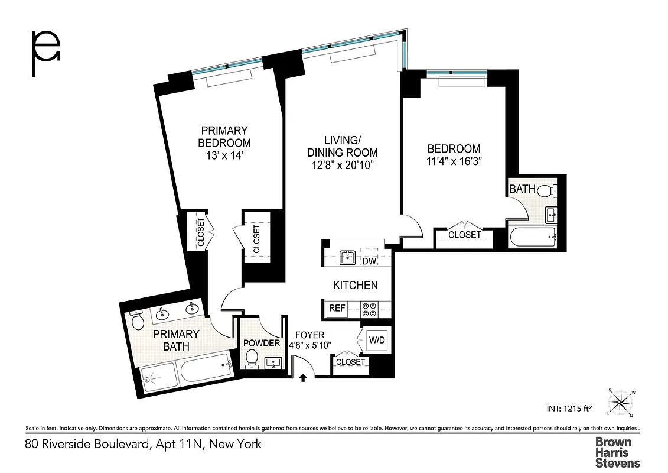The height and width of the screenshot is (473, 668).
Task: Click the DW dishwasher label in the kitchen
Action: click(x=369, y=261)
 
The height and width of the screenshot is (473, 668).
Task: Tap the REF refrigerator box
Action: click(x=337, y=308)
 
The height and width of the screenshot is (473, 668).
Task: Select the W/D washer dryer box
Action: click(x=376, y=340)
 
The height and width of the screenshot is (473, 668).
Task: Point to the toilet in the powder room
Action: click(x=251, y=358)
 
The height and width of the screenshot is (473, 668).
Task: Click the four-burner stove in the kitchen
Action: click(x=370, y=309)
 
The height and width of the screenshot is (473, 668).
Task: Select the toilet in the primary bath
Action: click(x=138, y=321)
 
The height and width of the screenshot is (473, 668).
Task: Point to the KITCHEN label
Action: click(x=355, y=286)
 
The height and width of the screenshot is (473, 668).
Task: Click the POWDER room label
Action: click(x=261, y=344)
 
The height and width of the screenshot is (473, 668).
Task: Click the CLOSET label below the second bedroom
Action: click(x=465, y=235)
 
